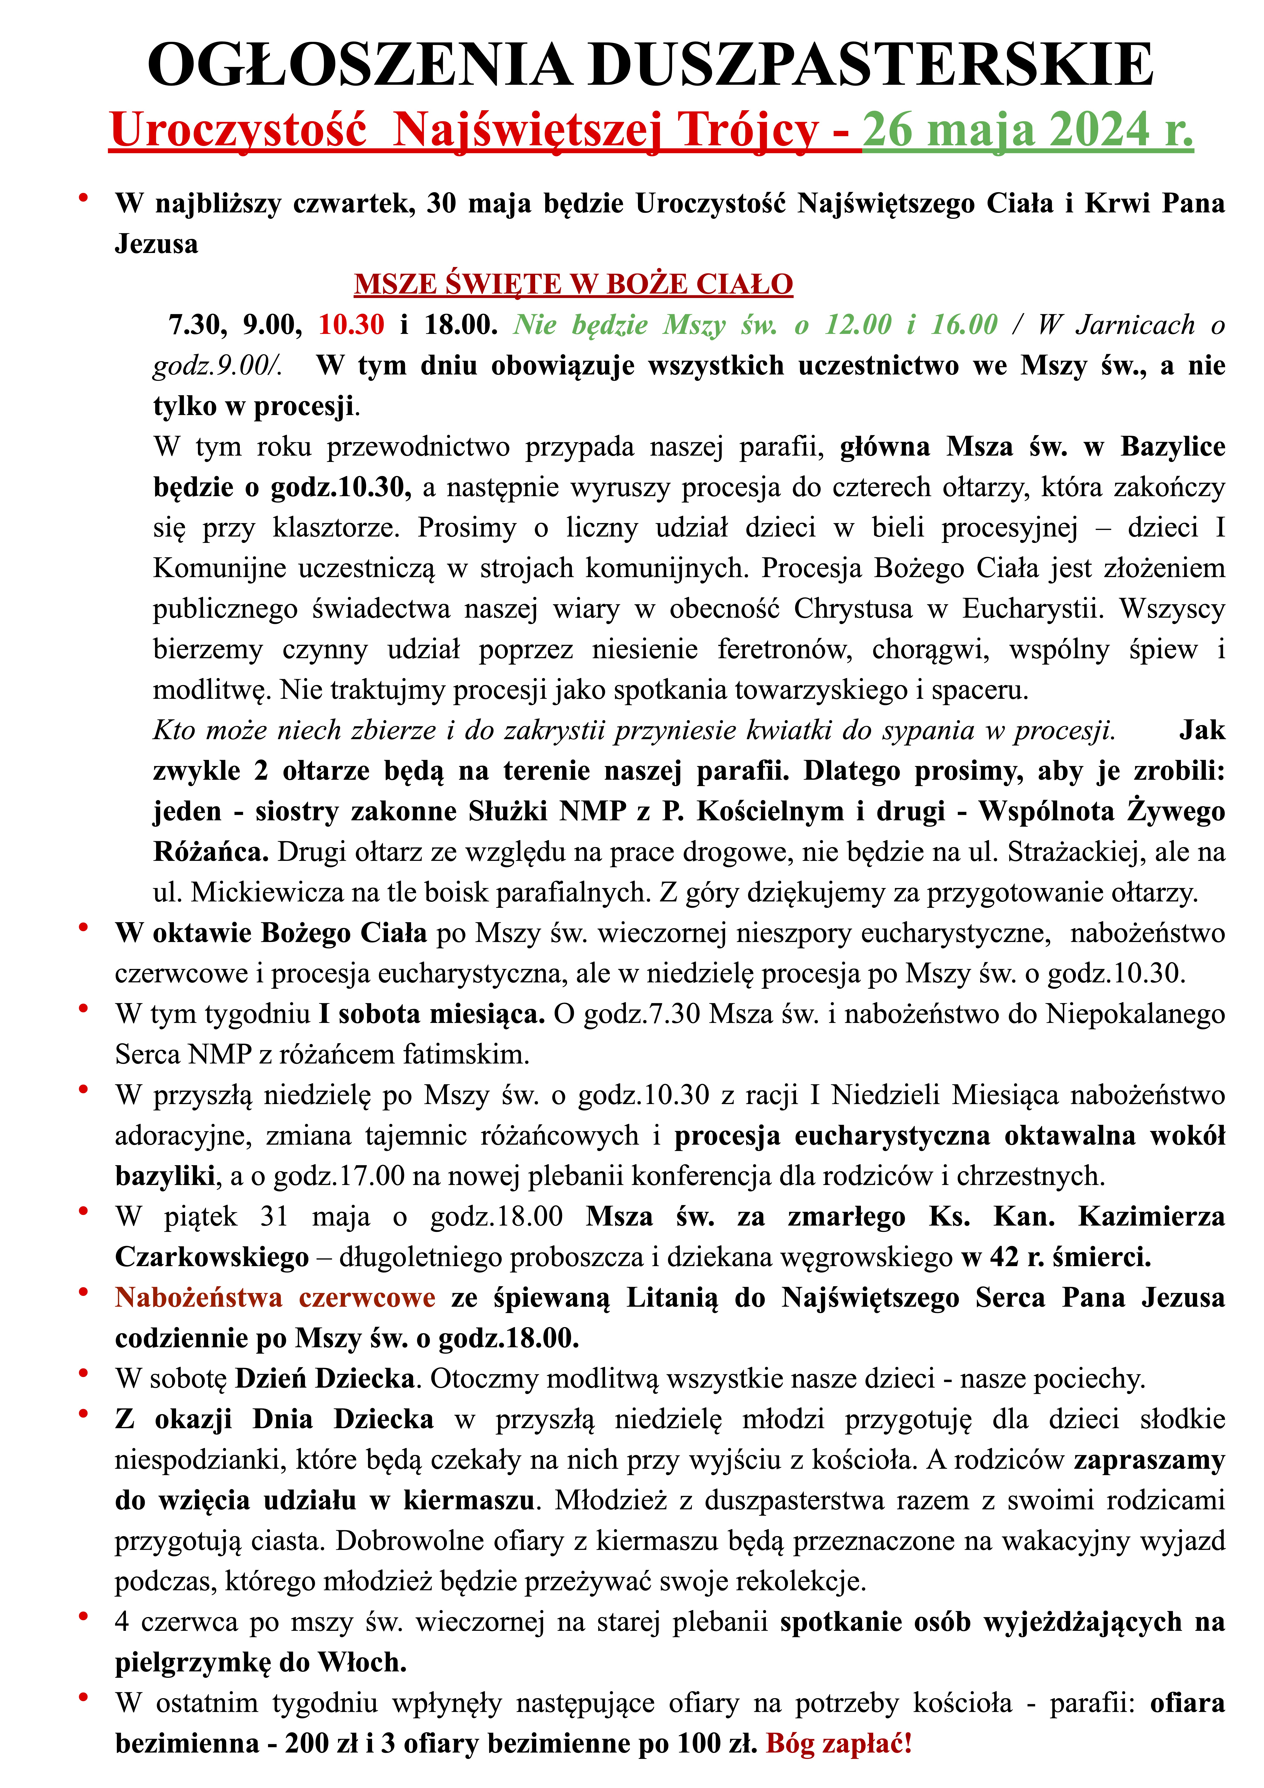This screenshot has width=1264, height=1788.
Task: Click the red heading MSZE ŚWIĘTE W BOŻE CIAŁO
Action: coord(573,284)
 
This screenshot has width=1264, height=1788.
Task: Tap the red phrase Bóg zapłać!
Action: coord(839,1743)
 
